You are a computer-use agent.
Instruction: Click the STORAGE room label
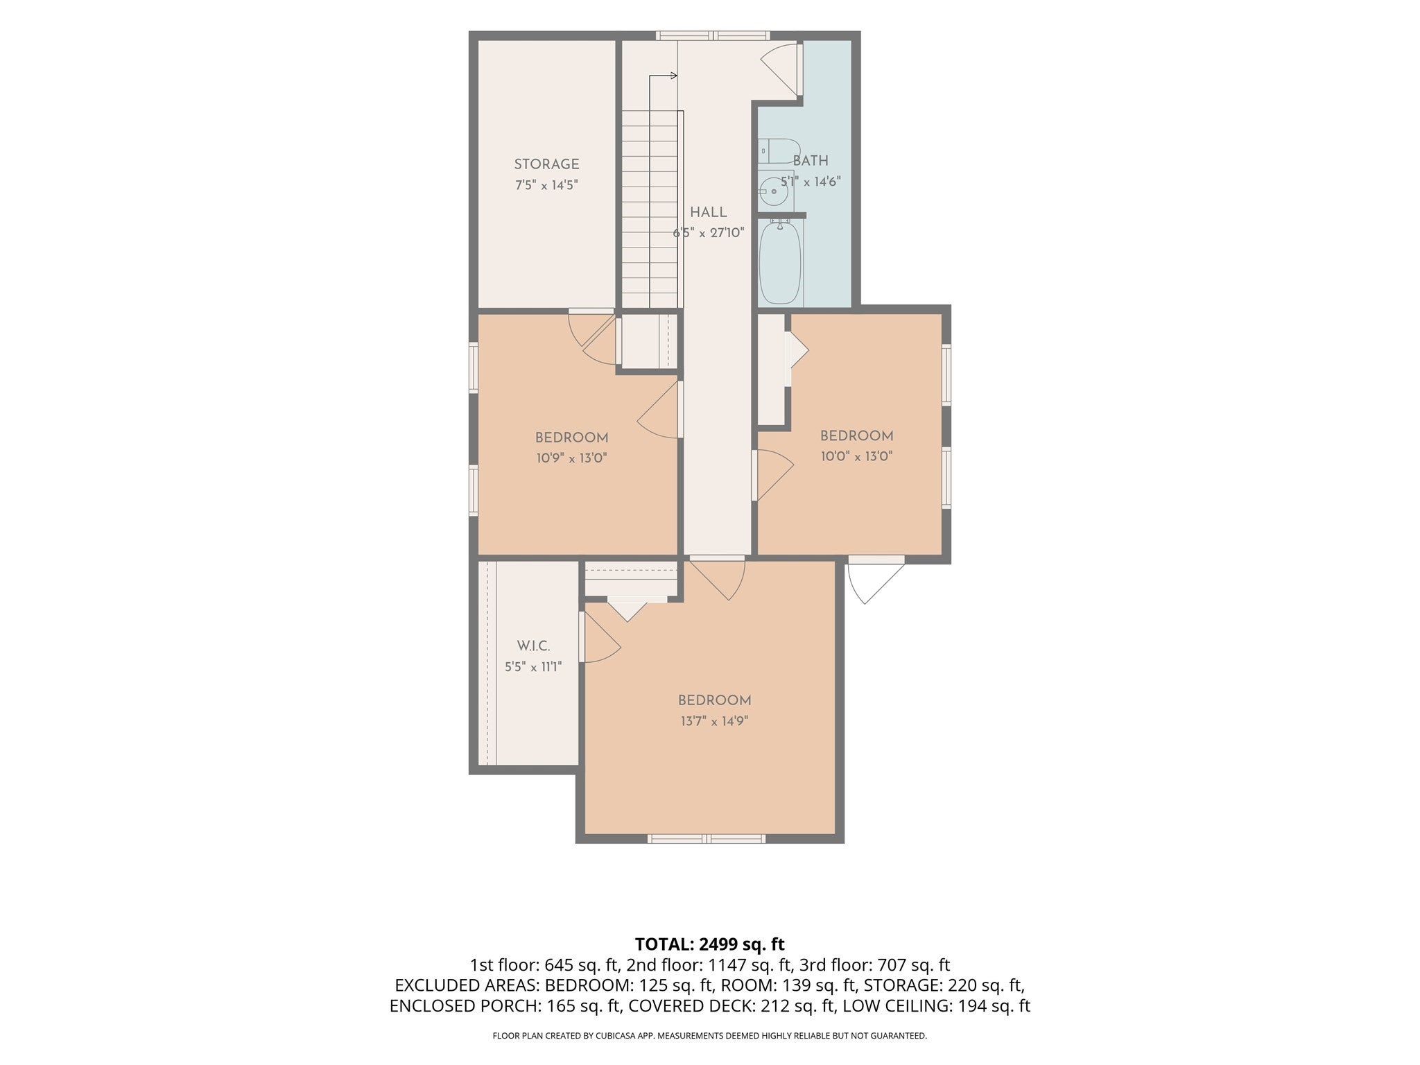point(546,164)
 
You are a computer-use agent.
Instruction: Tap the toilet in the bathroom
point(779,150)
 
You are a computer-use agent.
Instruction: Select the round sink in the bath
point(772,191)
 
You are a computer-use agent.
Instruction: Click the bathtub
point(780,261)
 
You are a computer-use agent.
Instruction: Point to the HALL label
point(708,212)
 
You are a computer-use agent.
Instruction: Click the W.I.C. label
point(533,646)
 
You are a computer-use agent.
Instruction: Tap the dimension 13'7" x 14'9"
point(714,721)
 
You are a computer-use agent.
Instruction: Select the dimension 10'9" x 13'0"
point(571,458)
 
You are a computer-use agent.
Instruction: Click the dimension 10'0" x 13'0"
point(857,456)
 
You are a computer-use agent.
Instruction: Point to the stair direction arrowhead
point(674,76)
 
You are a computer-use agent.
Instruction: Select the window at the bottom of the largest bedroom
point(707,838)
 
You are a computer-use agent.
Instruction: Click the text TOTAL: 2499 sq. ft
point(709,944)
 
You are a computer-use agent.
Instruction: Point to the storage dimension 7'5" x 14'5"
point(546,185)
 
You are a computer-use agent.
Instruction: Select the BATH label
point(811,161)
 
